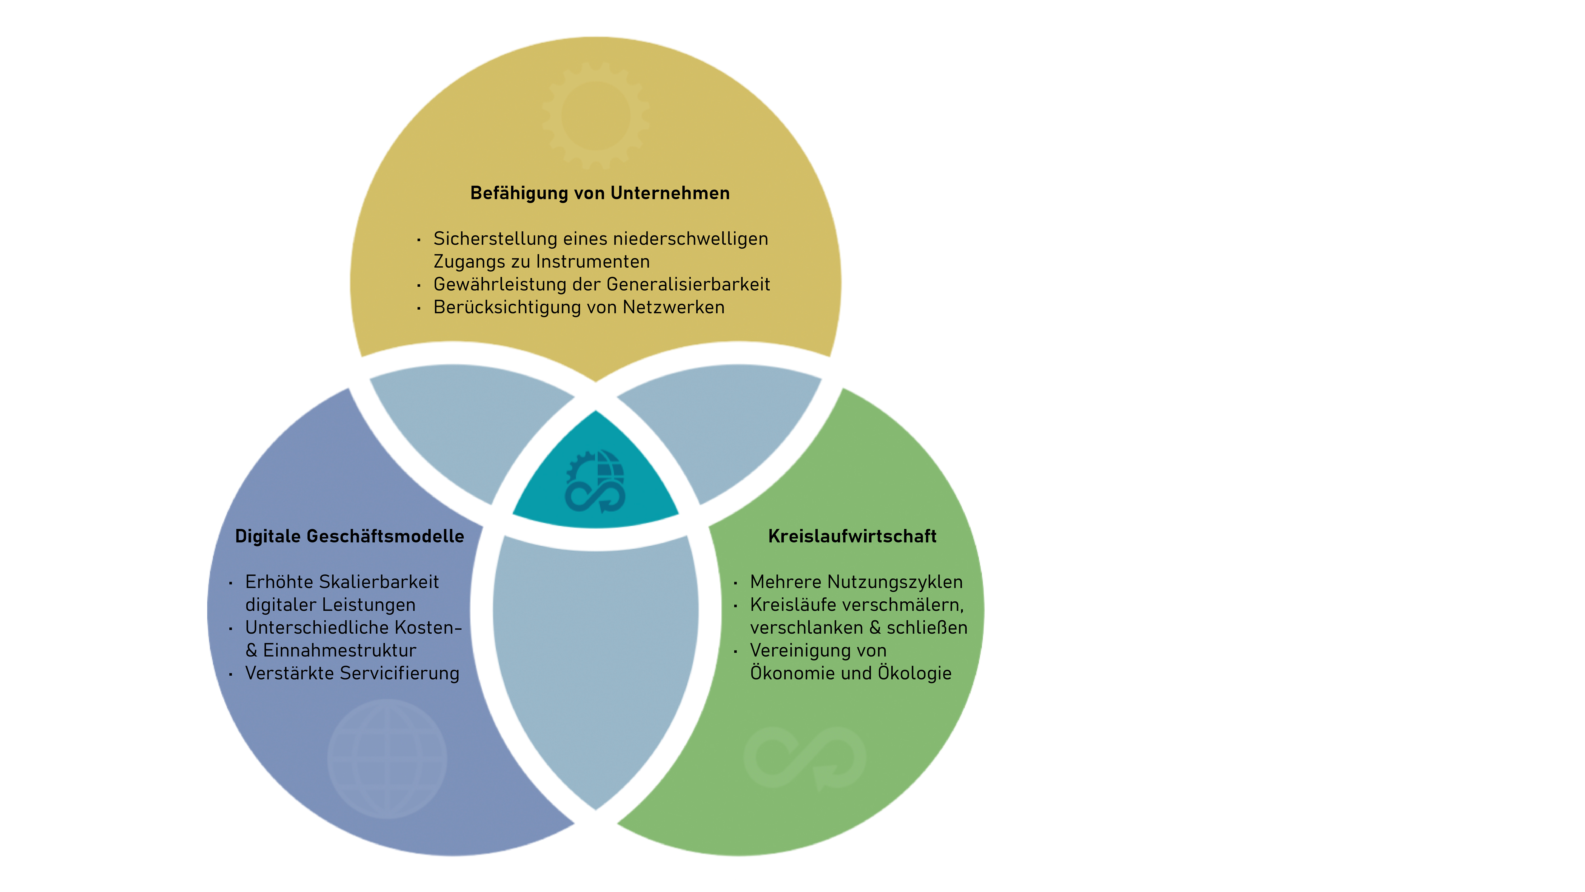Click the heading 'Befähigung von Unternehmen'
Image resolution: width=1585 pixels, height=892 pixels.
(x=600, y=193)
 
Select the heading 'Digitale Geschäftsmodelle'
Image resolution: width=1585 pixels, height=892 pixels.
(x=349, y=536)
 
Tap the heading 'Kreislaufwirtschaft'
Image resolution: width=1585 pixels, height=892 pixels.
(x=852, y=536)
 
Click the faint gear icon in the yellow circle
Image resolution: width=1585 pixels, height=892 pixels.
(x=596, y=115)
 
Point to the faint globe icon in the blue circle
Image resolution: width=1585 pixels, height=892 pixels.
(x=387, y=758)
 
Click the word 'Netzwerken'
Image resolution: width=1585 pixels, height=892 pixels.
(x=674, y=307)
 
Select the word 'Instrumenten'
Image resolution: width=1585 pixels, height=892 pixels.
(x=593, y=262)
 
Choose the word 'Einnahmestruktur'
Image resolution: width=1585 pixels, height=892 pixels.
(x=340, y=651)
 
